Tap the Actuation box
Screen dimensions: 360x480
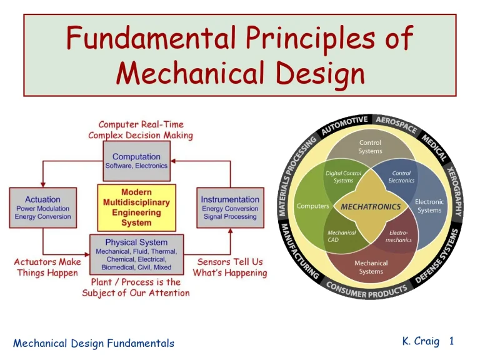[43, 208]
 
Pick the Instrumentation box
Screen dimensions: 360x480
[230, 208]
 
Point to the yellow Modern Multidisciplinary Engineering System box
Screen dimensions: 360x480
[136, 207]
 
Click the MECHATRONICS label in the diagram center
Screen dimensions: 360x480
[371, 206]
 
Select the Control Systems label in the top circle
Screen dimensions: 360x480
[371, 147]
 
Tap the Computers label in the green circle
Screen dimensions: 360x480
[312, 206]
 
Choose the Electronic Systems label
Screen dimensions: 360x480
[429, 206]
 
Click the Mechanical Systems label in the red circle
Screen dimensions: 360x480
[371, 267]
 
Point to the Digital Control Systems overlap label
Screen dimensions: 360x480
[343, 177]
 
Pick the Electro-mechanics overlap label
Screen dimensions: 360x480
[399, 236]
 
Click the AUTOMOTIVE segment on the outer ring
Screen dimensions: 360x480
[344, 125]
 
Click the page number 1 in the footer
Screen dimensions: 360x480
[451, 341]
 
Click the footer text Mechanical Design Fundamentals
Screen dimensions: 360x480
[94, 343]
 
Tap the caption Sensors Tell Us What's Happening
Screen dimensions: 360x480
[230, 267]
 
